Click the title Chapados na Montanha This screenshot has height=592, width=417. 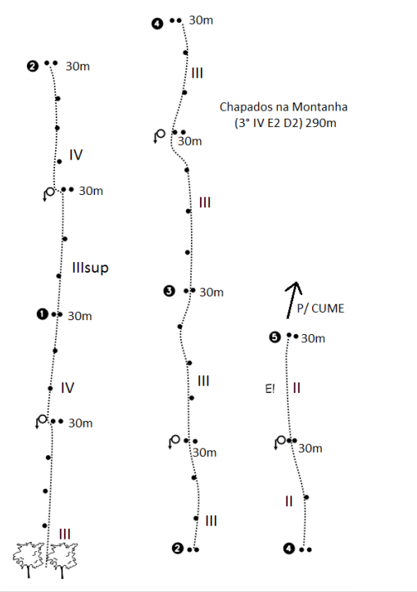point(283,106)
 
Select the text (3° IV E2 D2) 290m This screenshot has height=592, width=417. point(285,123)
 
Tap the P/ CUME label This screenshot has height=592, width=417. point(320,309)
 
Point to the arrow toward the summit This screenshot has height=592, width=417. point(293,300)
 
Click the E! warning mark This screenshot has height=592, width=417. point(270,388)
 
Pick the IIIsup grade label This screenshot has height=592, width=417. point(90,268)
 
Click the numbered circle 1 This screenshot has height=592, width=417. point(43,314)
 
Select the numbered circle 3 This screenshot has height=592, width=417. point(169,291)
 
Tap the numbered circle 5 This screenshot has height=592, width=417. point(274,337)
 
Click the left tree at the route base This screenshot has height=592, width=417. point(29,559)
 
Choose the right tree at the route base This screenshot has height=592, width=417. point(63,559)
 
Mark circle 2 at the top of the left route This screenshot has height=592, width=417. point(33,66)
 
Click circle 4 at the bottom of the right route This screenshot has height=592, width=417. point(289,549)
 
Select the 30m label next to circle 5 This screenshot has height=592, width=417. point(313,338)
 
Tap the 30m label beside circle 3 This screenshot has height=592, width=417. point(211,292)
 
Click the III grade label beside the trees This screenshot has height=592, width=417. point(65,534)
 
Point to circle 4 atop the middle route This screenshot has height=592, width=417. point(157,24)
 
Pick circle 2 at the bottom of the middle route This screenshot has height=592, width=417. point(177,549)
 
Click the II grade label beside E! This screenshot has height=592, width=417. point(297,388)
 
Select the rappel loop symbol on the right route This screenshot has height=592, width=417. point(280,441)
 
